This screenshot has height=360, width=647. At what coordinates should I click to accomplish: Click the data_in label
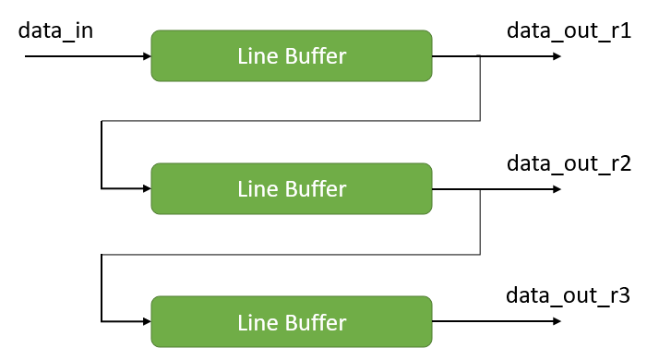[x=55, y=30]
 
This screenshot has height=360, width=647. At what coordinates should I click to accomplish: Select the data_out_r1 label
[x=569, y=30]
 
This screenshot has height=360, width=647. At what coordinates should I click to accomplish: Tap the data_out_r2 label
[x=569, y=164]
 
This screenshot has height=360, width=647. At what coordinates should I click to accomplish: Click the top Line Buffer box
[x=292, y=55]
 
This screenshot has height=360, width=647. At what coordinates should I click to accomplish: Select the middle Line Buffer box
[x=292, y=188]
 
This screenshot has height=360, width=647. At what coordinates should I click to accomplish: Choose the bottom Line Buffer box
[x=292, y=321]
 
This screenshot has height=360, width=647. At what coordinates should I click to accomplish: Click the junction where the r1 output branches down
[x=480, y=56]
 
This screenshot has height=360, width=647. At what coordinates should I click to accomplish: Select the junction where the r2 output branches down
[x=480, y=189]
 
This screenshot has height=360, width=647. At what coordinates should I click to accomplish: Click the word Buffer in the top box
[x=316, y=56]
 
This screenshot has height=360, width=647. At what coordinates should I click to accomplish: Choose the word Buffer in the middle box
[x=316, y=189]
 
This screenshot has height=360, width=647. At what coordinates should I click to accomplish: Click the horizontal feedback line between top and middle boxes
[x=291, y=121]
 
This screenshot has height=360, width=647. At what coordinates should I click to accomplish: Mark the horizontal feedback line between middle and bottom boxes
[x=291, y=254]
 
